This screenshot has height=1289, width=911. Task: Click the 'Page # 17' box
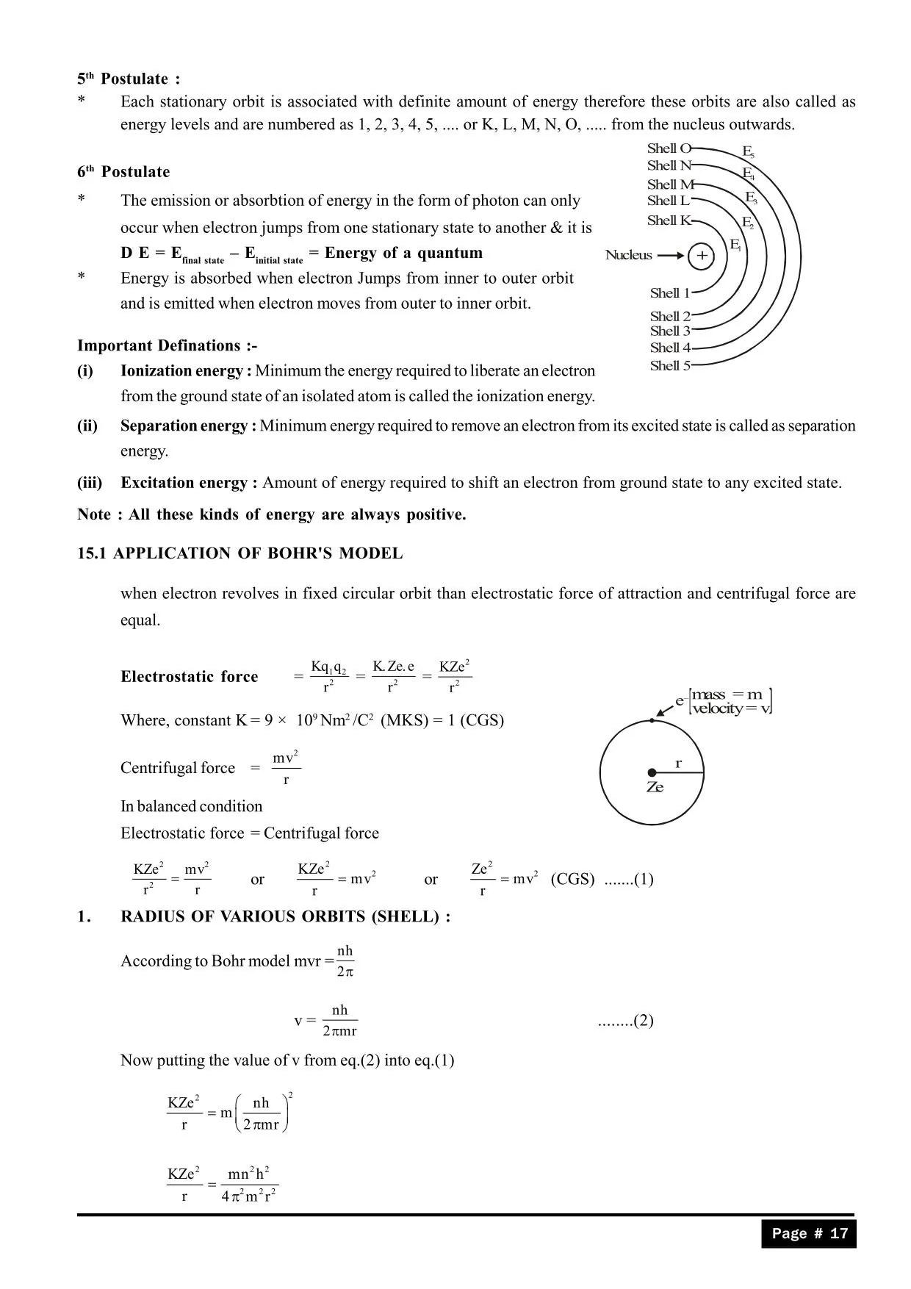(x=809, y=1234)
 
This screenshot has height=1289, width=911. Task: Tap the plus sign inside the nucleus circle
(x=702, y=256)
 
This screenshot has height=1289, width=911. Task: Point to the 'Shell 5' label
(x=669, y=366)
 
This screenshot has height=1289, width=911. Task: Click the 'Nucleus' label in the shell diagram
(x=628, y=255)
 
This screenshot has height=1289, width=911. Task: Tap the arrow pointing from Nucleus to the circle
(x=670, y=256)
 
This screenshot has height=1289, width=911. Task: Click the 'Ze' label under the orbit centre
(x=655, y=787)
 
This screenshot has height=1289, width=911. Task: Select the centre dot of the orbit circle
(x=652, y=772)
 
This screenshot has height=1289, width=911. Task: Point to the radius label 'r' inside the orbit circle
(x=678, y=764)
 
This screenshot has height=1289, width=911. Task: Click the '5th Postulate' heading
(x=129, y=79)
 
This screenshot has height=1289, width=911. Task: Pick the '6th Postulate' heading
(x=123, y=172)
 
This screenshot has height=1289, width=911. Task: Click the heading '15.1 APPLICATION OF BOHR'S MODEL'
(x=240, y=553)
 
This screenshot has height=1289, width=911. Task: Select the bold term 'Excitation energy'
(x=189, y=483)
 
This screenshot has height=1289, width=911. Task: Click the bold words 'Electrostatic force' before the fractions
(x=190, y=677)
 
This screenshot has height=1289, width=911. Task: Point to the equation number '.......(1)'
(x=628, y=880)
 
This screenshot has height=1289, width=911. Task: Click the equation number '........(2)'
(x=625, y=1021)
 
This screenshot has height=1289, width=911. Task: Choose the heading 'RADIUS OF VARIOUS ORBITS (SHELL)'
(x=285, y=916)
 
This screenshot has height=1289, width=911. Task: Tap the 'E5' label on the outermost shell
(x=748, y=152)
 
